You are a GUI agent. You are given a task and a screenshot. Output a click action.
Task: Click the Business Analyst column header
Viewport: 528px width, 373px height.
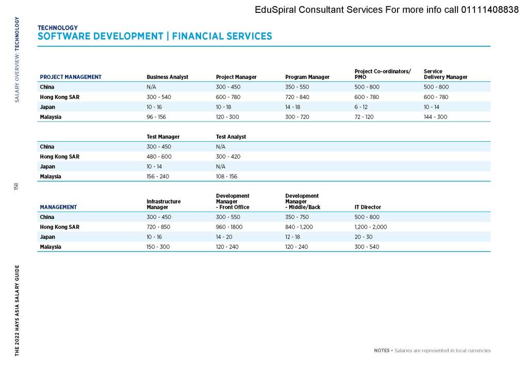pyautogui.click(x=167, y=77)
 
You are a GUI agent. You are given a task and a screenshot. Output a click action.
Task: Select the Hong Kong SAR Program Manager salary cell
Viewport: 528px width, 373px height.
pyautogui.click(x=297, y=97)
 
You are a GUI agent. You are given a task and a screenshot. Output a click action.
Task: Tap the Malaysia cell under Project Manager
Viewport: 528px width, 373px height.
pyautogui.click(x=227, y=117)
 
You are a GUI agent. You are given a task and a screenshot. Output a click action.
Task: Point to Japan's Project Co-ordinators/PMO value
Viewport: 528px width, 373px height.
pyautogui.click(x=360, y=107)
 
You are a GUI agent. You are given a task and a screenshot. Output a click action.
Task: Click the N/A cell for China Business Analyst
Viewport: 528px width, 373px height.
pyautogui.click(x=152, y=87)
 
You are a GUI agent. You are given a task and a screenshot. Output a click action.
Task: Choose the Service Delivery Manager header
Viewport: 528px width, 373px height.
pyautogui.click(x=445, y=74)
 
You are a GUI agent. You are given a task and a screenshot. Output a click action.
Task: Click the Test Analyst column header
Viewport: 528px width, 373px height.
pyautogui.click(x=230, y=137)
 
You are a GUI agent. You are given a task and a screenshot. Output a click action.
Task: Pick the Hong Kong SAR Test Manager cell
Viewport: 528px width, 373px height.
pyautogui.click(x=159, y=157)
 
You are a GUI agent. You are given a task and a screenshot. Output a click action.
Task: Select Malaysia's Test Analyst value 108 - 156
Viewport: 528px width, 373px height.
pyautogui.click(x=226, y=176)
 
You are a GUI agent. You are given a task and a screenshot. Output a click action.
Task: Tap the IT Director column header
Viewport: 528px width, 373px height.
pyautogui.click(x=368, y=207)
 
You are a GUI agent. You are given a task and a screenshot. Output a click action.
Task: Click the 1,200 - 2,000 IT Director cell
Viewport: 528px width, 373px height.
pyautogui.click(x=370, y=227)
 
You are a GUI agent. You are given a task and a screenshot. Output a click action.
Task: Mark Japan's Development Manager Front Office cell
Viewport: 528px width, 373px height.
pyautogui.click(x=225, y=237)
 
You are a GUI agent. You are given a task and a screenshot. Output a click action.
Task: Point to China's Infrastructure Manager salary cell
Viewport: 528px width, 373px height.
pyautogui.click(x=159, y=217)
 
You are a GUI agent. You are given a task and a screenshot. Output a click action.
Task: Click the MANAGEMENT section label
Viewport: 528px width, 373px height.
pyautogui.click(x=58, y=207)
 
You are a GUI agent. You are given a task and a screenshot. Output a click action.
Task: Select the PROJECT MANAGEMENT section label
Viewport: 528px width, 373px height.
pyautogui.click(x=71, y=77)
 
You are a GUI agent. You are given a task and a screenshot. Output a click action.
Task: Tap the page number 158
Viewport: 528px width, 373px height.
pyautogui.click(x=16, y=186)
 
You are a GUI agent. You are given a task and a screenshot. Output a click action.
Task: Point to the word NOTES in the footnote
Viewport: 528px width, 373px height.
pyautogui.click(x=382, y=351)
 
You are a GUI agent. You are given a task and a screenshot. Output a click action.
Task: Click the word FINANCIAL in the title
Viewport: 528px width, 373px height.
pyautogui.click(x=199, y=37)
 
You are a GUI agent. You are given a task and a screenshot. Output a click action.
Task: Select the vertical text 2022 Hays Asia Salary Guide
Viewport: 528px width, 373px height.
pyautogui.click(x=17, y=311)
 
